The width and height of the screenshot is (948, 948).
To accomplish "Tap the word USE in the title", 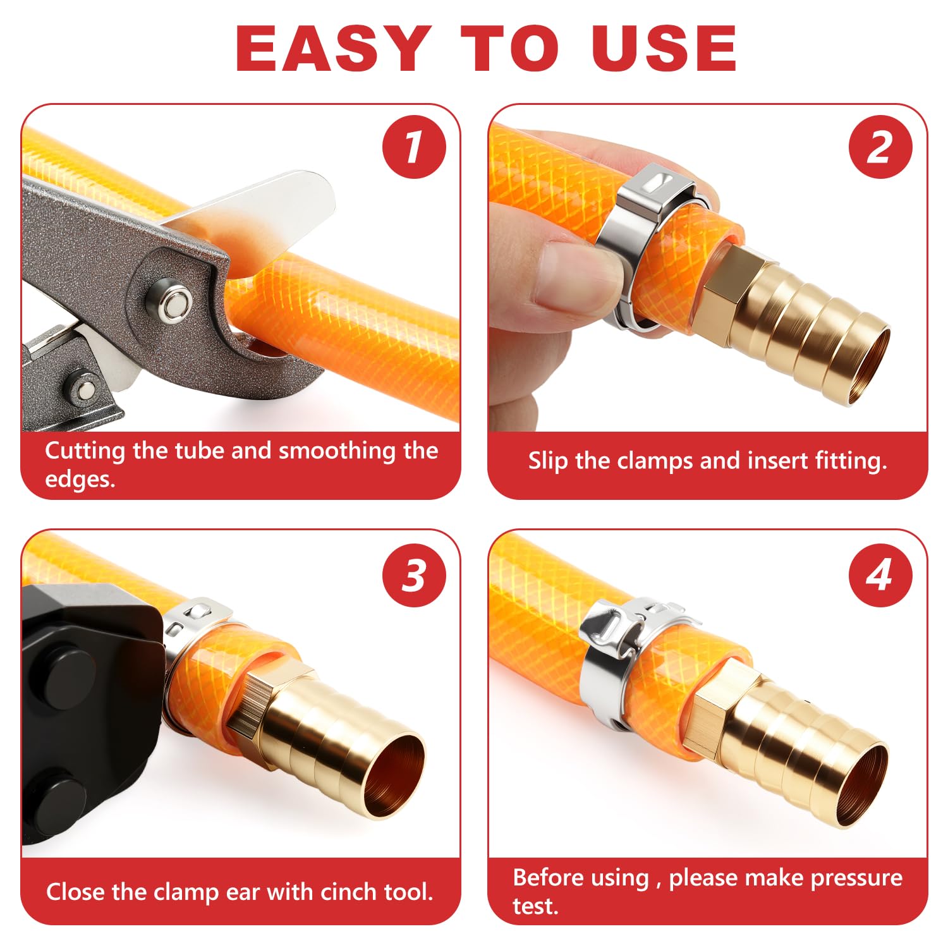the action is point(664,49).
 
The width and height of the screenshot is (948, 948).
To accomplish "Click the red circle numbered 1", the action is point(414,147).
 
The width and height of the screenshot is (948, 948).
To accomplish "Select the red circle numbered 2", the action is point(880,147).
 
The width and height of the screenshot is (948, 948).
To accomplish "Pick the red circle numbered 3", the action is point(414,575).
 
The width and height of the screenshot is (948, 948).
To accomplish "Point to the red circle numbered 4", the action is point(880,575).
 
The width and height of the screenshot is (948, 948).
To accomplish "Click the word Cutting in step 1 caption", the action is point(85,451).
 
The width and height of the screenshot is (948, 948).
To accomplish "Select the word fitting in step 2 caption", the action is point(851,461).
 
